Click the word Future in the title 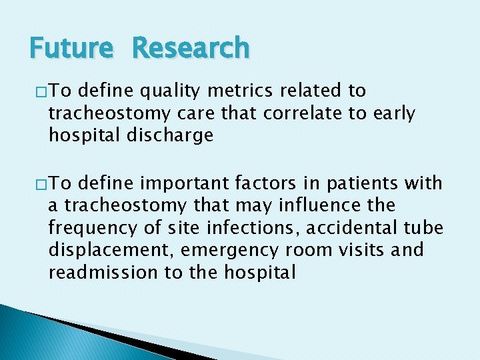(x=72, y=48)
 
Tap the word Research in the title (x=191, y=48)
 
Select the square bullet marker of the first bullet (x=35, y=91)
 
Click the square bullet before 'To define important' (x=35, y=184)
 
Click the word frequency (x=89, y=229)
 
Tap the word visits (x=370, y=250)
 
